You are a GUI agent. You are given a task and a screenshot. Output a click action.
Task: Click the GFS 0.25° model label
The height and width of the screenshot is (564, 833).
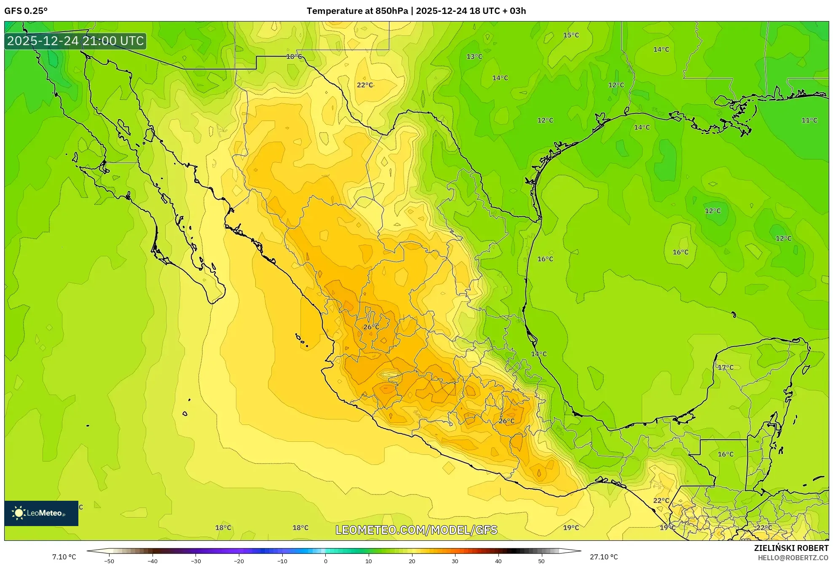26,11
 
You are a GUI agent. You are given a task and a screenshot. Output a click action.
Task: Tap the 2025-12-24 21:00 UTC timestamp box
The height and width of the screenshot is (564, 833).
76,41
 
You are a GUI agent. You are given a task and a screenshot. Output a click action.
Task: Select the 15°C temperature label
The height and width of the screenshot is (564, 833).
571,35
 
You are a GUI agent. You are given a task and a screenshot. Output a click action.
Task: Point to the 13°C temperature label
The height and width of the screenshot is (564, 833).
474,56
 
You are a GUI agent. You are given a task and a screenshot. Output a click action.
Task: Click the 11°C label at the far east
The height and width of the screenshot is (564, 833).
809,121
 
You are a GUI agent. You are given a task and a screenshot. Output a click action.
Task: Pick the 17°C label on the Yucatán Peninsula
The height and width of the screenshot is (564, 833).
725,368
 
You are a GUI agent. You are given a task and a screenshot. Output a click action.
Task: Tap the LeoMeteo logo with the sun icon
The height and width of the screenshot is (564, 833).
41,513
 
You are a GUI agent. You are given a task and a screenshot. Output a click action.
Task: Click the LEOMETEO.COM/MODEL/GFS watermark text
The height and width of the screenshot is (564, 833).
416,530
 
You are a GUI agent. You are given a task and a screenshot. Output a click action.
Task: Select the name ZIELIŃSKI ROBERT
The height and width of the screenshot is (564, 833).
791,548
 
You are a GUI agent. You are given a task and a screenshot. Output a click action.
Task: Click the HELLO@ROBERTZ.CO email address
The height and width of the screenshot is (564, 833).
793,558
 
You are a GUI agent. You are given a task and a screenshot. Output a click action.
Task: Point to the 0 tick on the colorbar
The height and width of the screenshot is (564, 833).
325,561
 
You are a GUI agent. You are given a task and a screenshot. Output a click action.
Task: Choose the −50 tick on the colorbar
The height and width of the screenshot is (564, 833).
109,561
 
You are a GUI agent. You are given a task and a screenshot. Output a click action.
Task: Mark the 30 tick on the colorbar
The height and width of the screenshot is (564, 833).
455,561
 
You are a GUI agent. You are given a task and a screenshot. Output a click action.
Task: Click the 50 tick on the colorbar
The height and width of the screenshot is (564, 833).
541,561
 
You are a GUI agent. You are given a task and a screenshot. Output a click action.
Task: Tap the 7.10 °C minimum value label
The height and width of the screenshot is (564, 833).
64,557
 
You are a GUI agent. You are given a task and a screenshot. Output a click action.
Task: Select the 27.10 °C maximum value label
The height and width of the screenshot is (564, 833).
603,557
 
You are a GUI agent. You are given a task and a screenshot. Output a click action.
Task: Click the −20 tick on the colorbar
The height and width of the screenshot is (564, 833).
239,561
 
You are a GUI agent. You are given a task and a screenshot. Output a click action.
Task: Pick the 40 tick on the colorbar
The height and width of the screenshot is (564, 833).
498,561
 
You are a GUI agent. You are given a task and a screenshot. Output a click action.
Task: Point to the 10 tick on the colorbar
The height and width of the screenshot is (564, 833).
369,561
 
